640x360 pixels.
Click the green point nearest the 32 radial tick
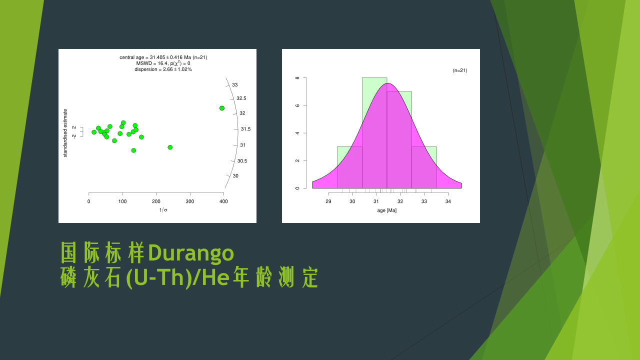pos(222,108)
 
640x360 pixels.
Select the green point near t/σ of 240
pos(170,147)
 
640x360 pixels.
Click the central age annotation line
pos(163,57)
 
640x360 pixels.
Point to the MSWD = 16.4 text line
pos(163,63)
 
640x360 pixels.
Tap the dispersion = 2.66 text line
pos(163,69)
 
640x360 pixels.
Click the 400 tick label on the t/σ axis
pos(223,201)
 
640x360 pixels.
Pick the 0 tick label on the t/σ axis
pos(89,201)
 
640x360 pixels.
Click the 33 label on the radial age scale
pos(235,85)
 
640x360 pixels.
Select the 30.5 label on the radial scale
pos(242,161)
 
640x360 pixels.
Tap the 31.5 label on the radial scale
pos(245,129)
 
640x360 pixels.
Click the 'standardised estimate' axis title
pos(65,133)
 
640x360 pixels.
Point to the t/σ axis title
pos(163,210)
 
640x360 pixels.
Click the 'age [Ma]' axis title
pos(387,210)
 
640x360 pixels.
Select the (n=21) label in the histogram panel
pos(460,70)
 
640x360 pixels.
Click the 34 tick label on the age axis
pos(448,201)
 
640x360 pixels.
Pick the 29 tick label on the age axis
pos(328,201)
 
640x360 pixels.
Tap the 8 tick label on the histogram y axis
pos(297,78)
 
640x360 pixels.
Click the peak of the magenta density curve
pos(387,83)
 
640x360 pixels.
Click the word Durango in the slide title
pos(191,252)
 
